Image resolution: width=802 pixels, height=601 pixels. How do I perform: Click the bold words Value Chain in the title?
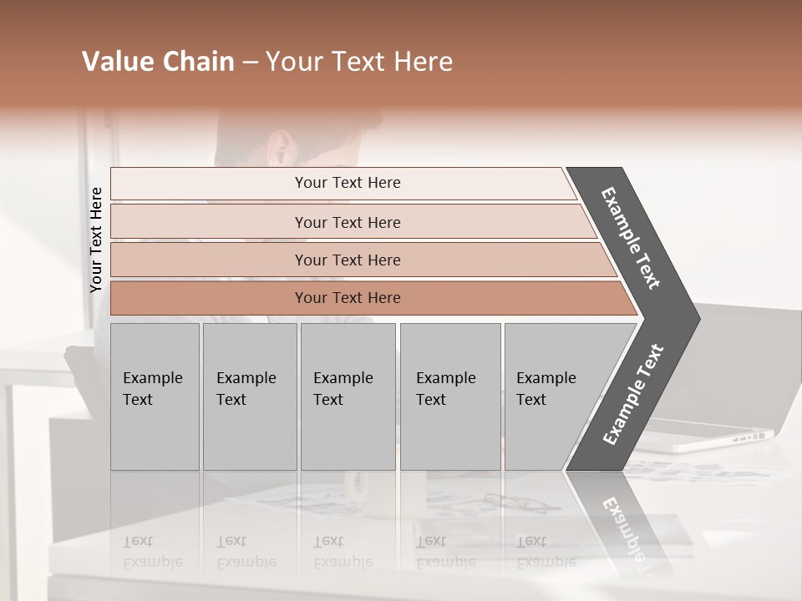pos(158,62)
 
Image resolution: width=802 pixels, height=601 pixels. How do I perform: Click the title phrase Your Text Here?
pos(359,62)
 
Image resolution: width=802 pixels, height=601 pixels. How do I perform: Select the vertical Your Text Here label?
pos(96,240)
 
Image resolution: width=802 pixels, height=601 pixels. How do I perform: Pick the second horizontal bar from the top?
pos(347,222)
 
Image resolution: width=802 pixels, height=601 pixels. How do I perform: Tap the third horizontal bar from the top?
pos(347,260)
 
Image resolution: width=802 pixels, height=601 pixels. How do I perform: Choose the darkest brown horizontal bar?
pos(347,298)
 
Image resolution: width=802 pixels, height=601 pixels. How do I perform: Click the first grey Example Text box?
pos(155,396)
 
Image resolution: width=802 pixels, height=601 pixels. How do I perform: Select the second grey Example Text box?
pos(249,396)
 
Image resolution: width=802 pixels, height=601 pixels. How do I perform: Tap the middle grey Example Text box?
pos(348,396)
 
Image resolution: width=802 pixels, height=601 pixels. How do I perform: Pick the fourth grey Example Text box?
pos(449,396)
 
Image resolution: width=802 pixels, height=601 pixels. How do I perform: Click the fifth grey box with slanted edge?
pos(551,396)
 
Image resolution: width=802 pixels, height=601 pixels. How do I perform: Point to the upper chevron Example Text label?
pos(631,238)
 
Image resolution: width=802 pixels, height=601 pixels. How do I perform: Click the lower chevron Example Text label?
pos(633,394)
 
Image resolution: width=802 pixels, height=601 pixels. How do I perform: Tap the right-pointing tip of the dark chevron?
pos(695,318)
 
